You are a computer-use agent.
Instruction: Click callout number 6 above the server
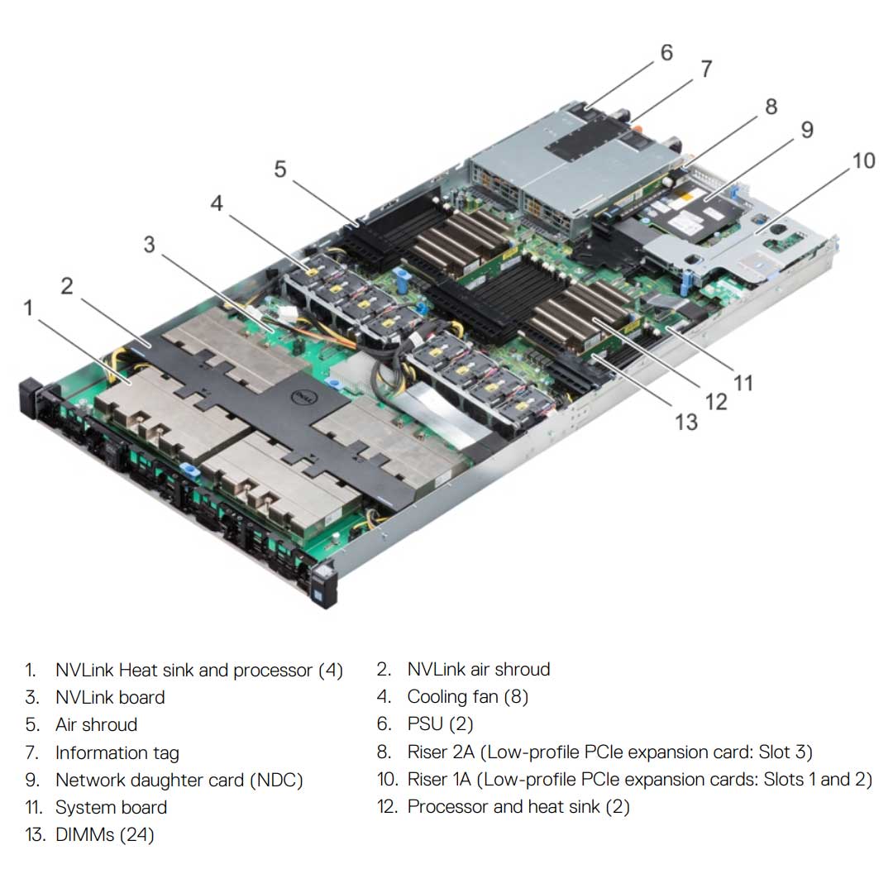666,53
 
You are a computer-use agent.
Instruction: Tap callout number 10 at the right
862,160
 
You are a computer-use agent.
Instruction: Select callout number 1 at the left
29,308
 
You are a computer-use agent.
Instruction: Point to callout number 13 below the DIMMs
685,422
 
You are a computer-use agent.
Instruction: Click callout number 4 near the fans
216,203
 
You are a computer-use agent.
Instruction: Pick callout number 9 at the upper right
806,130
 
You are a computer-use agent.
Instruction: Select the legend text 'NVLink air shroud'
478,669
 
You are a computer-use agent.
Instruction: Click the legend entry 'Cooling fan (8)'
467,696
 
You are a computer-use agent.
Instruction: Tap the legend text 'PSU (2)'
440,724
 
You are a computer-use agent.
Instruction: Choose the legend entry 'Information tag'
117,752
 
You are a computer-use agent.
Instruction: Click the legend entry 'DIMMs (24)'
104,834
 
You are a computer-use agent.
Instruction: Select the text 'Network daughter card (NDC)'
179,780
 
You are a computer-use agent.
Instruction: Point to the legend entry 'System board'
111,807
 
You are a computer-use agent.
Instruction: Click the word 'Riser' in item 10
427,779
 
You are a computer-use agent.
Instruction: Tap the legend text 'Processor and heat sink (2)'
518,806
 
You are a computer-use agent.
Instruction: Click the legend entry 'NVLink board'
110,697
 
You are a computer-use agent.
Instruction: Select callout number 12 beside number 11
716,401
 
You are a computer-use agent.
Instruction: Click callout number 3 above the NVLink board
149,245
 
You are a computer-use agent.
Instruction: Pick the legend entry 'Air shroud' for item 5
96,724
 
